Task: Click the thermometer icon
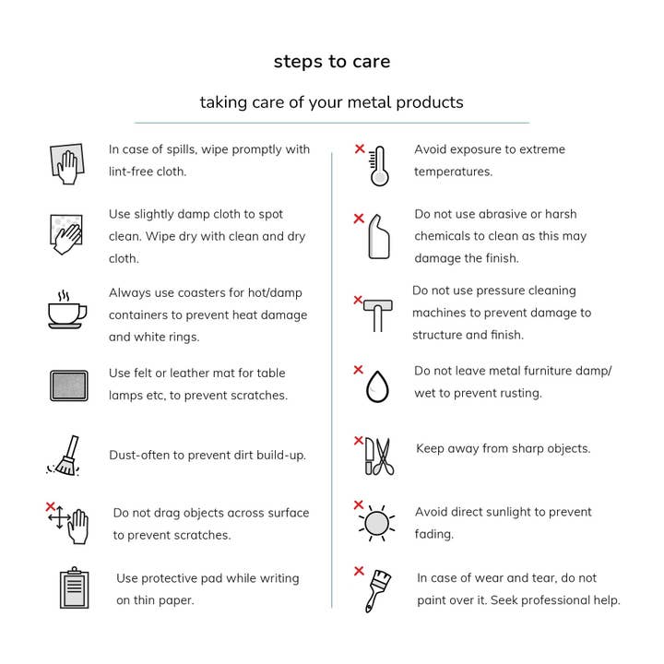click(x=379, y=166)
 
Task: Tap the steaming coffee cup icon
click(x=67, y=310)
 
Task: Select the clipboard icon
click(x=74, y=587)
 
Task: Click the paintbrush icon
click(x=377, y=591)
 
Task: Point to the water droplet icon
click(x=377, y=386)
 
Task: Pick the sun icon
click(x=376, y=523)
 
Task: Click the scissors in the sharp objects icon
click(x=385, y=456)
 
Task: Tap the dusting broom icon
click(x=65, y=456)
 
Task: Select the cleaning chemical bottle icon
click(x=379, y=236)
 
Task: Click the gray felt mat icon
click(x=69, y=385)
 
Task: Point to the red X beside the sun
click(x=359, y=504)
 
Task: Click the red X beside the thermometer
click(x=360, y=148)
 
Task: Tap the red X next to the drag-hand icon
click(x=51, y=506)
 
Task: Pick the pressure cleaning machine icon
click(x=378, y=315)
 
